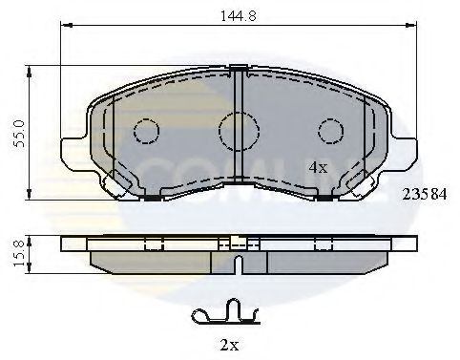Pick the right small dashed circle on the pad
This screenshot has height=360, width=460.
tap(330, 129)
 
